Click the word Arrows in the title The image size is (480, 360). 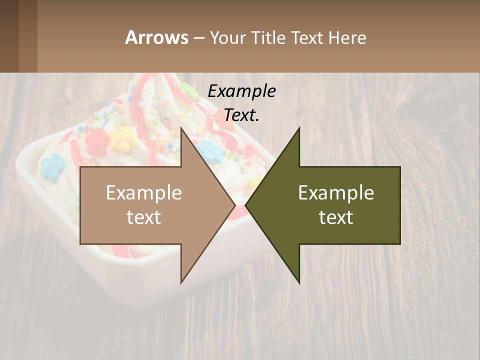[x=156, y=37]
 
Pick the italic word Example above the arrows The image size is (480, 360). [x=241, y=91]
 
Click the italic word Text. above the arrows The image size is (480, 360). [x=241, y=115]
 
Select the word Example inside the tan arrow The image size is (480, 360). [x=144, y=192]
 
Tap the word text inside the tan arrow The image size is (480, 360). [x=144, y=217]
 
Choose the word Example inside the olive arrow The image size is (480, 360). [x=336, y=192]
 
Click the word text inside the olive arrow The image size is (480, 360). [x=336, y=217]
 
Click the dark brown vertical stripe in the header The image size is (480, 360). [x=27, y=36]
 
